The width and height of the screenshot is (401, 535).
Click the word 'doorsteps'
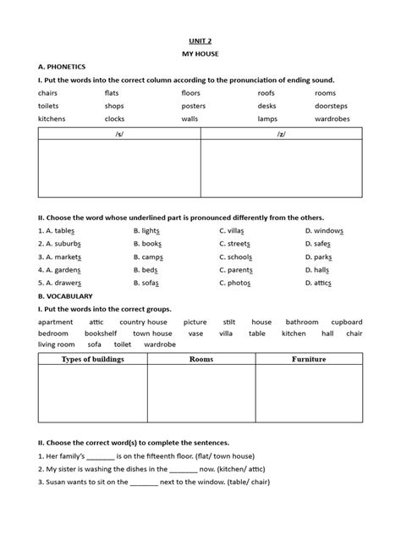point(332,106)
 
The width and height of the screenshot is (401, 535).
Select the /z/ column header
point(281,133)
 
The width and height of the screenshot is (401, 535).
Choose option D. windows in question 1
point(324,230)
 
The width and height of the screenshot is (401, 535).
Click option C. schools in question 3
point(239,256)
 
